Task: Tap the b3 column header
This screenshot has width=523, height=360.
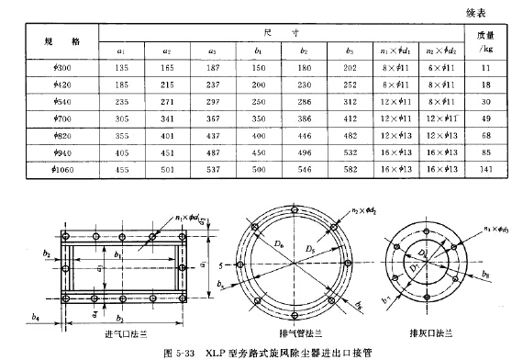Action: pos(350,52)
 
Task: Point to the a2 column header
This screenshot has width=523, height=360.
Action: pos(168,52)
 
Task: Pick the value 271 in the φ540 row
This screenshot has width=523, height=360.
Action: pos(168,102)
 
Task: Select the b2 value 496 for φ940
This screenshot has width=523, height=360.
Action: pos(305,152)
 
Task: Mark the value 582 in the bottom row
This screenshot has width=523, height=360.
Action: pos(350,168)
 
